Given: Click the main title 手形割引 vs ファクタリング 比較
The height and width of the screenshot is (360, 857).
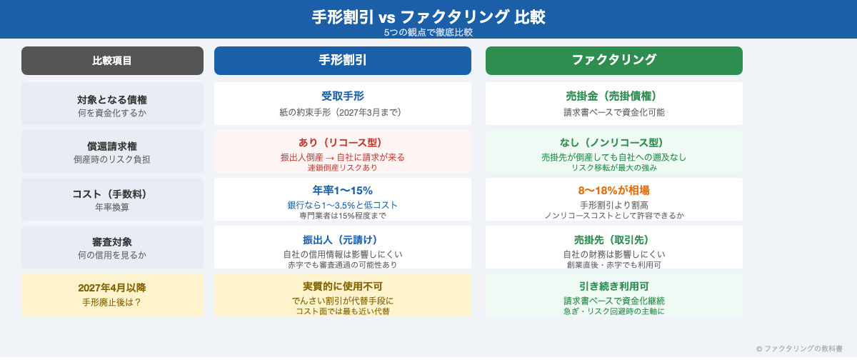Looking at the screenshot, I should coord(428,16).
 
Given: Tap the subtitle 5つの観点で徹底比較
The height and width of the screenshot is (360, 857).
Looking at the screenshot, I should coord(428,32).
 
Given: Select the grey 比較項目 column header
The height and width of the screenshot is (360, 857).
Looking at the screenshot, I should coord(112,61).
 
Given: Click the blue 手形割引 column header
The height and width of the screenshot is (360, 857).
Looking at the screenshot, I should coord(343,61).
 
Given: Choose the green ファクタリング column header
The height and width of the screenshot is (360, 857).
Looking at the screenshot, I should coord(614,61).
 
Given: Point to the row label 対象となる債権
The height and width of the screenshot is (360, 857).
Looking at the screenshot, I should coord(112,99).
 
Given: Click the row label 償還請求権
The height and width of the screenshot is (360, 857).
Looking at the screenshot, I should coord(112,146).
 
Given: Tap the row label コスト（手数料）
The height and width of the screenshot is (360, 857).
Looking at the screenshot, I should coord(112,194).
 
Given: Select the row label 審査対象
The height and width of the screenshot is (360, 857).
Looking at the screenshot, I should coord(112,242).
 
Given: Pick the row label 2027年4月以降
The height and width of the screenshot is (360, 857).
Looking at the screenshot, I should coord(112,288).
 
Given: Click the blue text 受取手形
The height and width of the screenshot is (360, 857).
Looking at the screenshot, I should coord(343,96).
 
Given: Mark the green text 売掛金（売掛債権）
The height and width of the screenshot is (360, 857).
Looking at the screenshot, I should coord(614,96).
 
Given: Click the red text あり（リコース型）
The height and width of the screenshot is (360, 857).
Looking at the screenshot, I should coord(343,143).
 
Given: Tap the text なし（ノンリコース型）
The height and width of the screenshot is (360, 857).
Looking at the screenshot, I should coord(614,143).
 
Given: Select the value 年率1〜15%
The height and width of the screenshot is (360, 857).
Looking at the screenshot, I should coord(343,191).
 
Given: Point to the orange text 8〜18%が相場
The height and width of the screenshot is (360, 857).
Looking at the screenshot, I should coord(614,191).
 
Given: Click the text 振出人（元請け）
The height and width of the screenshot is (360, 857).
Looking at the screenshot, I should coord(343,239).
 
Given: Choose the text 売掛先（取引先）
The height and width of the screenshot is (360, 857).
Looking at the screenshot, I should coord(614,239).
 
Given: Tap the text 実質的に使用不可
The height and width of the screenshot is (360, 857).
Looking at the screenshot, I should coord(343,286).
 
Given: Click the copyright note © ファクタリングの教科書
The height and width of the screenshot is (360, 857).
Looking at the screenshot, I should coord(803,349).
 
